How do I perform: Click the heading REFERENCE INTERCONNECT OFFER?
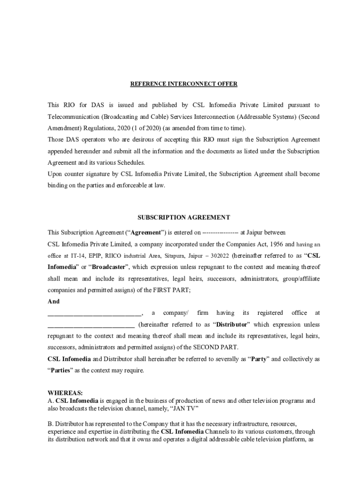point(183,84)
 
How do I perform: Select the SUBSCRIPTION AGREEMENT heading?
point(183,218)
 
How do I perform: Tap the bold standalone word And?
point(54,302)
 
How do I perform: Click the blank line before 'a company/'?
point(94,313)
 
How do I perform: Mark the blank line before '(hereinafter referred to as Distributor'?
point(91,325)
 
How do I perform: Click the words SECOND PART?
point(215,348)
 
